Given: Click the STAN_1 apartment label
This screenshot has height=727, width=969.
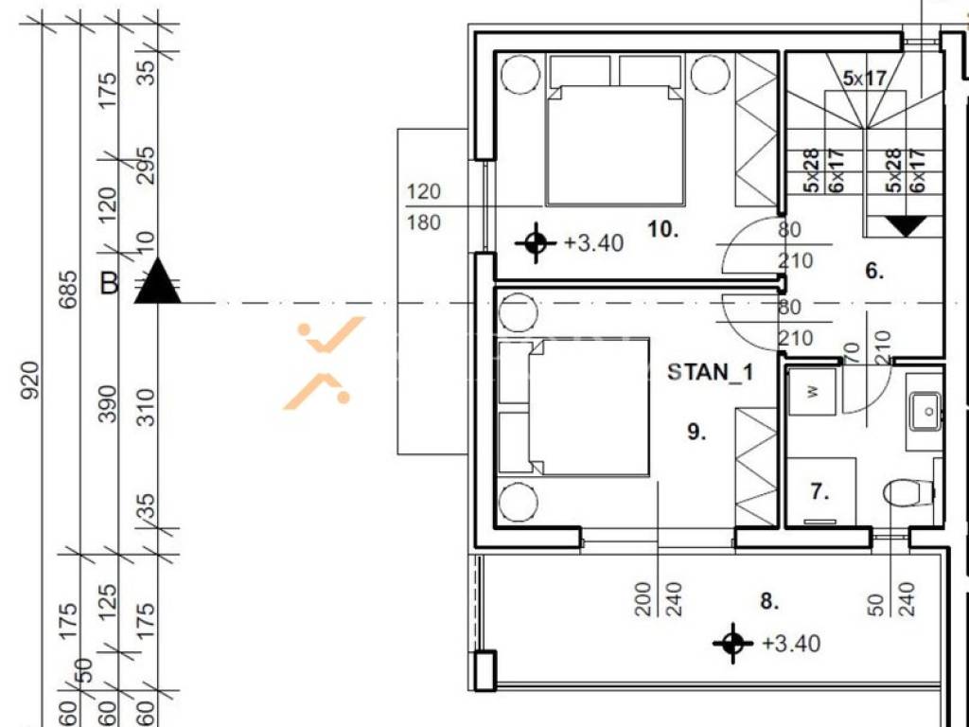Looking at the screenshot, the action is (710, 372).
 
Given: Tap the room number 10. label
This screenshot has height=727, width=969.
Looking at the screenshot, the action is (662, 230).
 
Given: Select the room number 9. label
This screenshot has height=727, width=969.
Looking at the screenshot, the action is (696, 432).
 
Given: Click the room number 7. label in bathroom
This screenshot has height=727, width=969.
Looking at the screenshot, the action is (819, 492).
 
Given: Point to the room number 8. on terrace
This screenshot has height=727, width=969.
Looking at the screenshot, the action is (769, 601).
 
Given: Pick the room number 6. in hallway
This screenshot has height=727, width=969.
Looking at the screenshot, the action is (874, 271).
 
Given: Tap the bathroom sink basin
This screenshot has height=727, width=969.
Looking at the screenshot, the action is (925, 411).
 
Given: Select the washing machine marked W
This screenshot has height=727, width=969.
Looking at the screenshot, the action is (813, 391).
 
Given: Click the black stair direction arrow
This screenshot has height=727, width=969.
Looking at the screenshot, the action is (906, 226).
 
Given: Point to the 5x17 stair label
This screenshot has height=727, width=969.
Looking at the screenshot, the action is (865, 79).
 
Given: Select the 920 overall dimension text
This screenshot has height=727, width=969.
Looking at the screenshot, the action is (31, 381).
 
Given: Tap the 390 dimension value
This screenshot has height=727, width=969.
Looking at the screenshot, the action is (108, 404).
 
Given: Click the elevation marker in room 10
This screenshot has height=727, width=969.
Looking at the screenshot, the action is (536, 242).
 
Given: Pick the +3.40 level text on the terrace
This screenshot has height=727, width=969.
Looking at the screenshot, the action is (791, 644).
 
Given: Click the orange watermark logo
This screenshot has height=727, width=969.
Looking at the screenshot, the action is (324, 363).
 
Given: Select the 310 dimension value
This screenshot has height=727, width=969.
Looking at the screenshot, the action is (147, 407).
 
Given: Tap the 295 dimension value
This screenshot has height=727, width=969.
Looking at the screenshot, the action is (147, 165).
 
